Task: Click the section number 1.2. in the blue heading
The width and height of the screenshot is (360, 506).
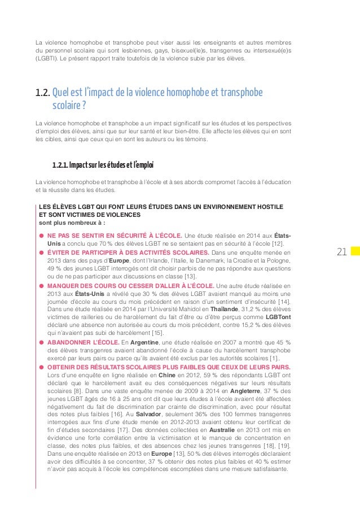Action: (x=42, y=93)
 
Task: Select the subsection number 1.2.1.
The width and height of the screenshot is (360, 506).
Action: (x=61, y=166)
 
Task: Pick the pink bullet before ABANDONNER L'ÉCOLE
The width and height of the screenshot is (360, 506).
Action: (x=41, y=342)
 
